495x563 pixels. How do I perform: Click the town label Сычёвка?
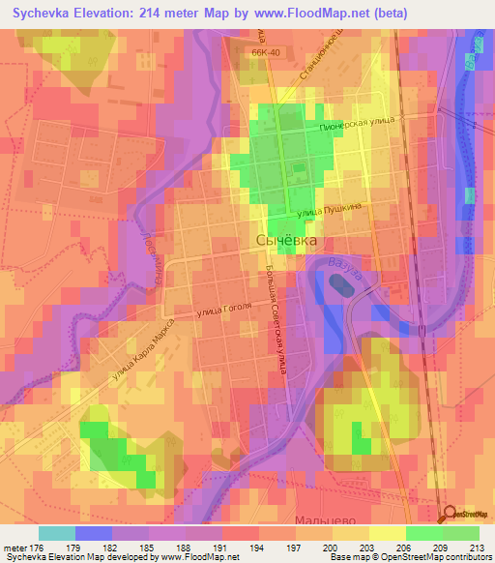[286, 240]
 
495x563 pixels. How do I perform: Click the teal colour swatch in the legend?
[57, 533]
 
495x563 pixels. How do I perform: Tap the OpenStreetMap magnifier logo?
[446, 515]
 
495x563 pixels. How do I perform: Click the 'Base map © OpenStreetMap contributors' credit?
[409, 557]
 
